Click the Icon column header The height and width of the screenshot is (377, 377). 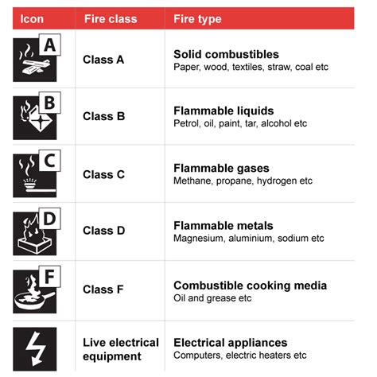pyautogui.click(x=32, y=18)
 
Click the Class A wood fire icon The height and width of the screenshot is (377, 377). pyautogui.click(x=35, y=60)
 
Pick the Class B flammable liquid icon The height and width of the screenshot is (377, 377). pyautogui.click(x=35, y=117)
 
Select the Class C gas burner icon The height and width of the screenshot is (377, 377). pyautogui.click(x=35, y=174)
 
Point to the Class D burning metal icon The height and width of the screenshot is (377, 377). pyautogui.click(x=35, y=232)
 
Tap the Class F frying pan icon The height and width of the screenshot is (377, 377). pyautogui.click(x=35, y=290)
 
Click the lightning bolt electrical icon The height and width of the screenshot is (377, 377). pyautogui.click(x=35, y=348)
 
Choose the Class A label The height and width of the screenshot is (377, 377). pyautogui.click(x=104, y=60)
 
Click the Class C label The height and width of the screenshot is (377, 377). pyautogui.click(x=104, y=175)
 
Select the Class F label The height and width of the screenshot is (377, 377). pyautogui.click(x=104, y=290)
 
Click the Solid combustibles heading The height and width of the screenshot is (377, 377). pyautogui.click(x=226, y=54)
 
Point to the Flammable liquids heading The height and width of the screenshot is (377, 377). pyautogui.click(x=223, y=111)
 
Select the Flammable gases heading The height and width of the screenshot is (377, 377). pyautogui.click(x=221, y=169)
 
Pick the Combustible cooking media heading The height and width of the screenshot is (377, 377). pyautogui.click(x=250, y=285)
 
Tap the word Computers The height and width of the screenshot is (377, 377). pyautogui.click(x=197, y=355)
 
